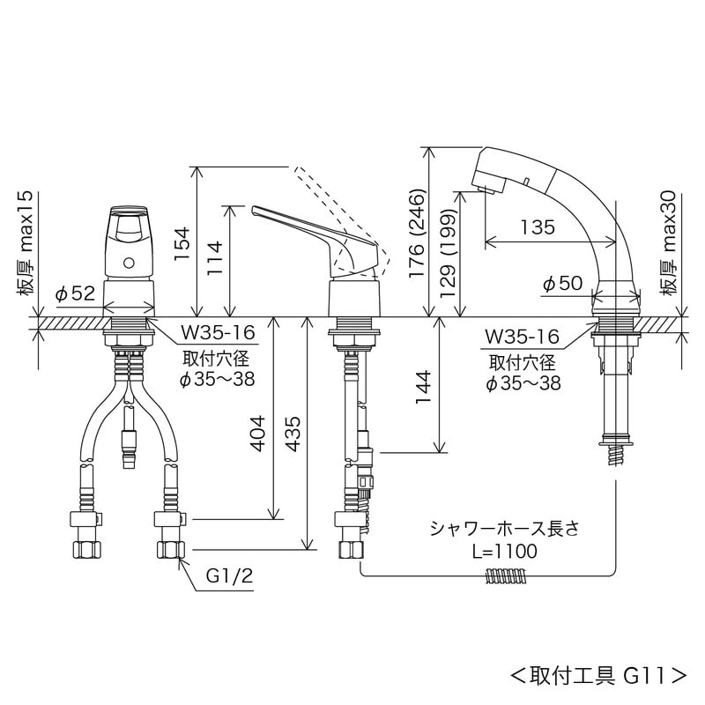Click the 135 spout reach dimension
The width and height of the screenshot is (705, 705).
pyautogui.click(x=537, y=227)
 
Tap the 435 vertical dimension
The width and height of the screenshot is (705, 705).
pyautogui.click(x=294, y=433)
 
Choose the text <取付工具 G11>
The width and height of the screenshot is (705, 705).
pyautogui.click(x=598, y=676)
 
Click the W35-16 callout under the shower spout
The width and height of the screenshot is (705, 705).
pyautogui.click(x=523, y=337)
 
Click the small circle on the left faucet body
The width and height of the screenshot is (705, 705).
pyautogui.click(x=130, y=262)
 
